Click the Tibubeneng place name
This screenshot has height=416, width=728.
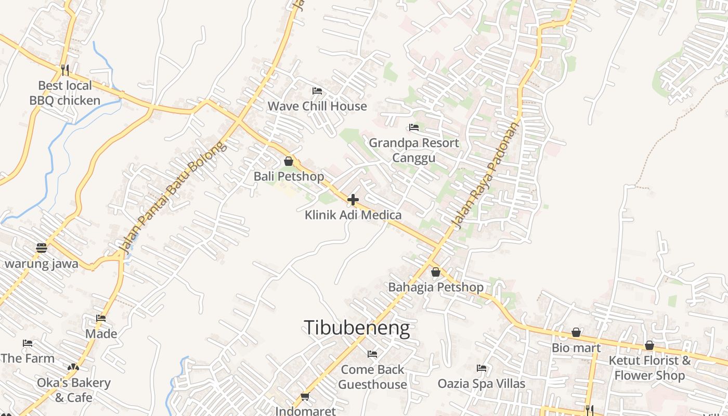click(x=357, y=328)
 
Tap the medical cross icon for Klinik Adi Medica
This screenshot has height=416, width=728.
click(x=353, y=199)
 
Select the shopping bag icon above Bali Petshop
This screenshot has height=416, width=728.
click(x=289, y=161)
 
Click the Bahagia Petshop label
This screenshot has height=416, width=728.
click(x=436, y=287)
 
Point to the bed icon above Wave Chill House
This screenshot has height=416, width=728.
click(x=317, y=91)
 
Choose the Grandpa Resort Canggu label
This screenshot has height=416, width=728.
click(x=414, y=150)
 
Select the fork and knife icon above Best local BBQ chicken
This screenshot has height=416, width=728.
click(x=65, y=70)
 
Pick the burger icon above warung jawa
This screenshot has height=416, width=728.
click(x=42, y=248)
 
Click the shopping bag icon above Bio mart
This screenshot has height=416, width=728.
click(x=576, y=332)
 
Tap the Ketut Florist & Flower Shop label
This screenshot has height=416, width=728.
click(x=649, y=368)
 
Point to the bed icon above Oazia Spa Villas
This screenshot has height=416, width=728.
click(x=482, y=368)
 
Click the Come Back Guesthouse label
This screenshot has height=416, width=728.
click(x=372, y=377)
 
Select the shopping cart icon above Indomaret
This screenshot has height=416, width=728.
click(x=305, y=397)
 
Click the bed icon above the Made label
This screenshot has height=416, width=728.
click(x=101, y=318)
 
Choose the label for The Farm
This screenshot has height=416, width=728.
click(x=28, y=358)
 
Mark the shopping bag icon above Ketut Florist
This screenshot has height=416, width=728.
click(x=649, y=345)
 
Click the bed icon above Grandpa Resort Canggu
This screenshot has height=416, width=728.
click(x=414, y=127)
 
